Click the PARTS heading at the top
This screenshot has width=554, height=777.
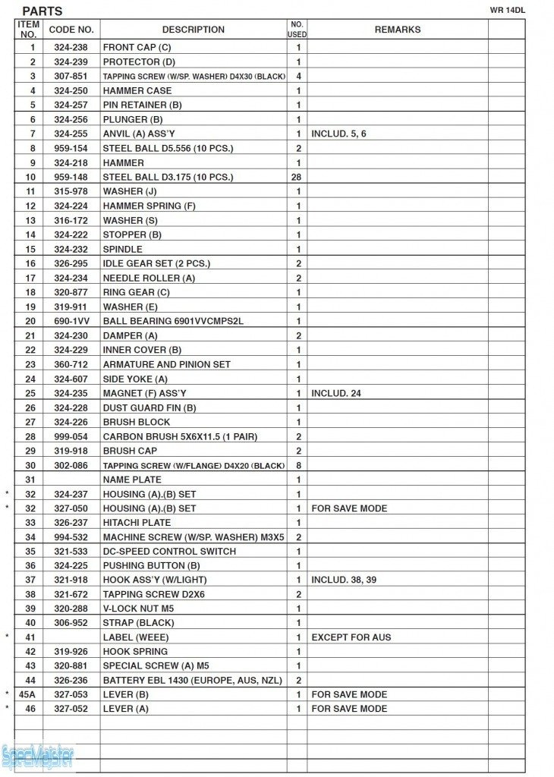coord(42,11)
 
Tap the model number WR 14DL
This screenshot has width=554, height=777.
coord(507,10)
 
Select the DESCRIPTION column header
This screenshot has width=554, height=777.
coord(193,30)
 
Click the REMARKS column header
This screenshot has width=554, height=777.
coord(397,30)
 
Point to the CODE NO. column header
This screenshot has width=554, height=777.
coord(71,30)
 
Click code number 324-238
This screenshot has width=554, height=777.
coord(71,47)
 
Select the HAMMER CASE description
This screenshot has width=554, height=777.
coord(137,90)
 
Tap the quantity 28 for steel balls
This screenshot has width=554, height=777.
coord(298,177)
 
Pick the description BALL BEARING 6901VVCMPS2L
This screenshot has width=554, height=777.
coord(173,321)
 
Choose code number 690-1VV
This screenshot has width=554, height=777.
coord(71,321)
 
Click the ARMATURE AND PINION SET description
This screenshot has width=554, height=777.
coord(166,364)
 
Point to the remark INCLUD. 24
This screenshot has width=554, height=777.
coord(335,393)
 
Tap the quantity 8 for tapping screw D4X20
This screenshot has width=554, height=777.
coord(298,465)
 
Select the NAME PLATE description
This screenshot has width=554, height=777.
coord(132,480)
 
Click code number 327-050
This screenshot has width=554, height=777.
coord(71,508)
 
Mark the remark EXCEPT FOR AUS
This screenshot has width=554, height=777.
coord(351,637)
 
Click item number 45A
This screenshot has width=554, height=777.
coord(28,694)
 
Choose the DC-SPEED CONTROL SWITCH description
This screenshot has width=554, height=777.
coord(169,551)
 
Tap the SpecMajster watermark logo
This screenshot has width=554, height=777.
coord(38,756)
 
